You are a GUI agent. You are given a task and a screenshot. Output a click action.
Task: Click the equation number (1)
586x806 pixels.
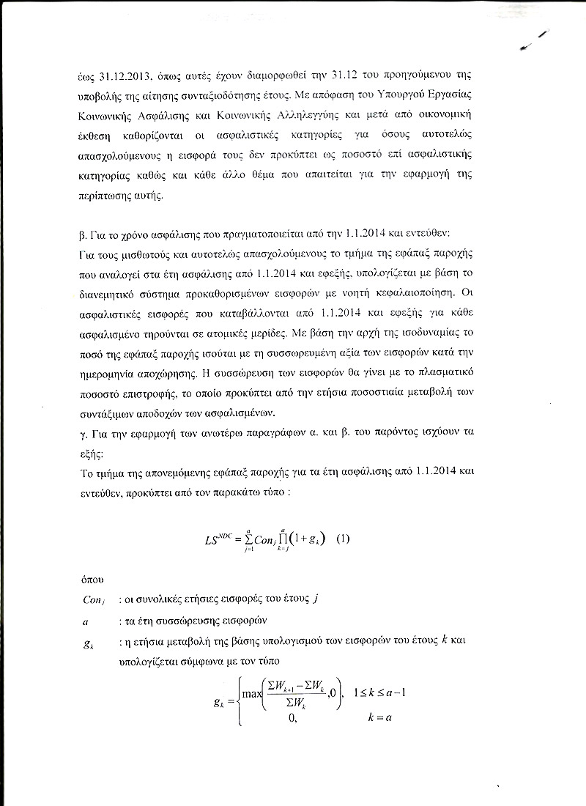click(x=342, y=539)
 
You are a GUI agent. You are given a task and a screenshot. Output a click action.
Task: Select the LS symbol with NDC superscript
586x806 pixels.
click(x=219, y=540)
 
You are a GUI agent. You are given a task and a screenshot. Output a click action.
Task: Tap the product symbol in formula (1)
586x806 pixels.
click(x=292, y=540)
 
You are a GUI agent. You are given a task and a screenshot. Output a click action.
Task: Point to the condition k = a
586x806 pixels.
click(x=380, y=717)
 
